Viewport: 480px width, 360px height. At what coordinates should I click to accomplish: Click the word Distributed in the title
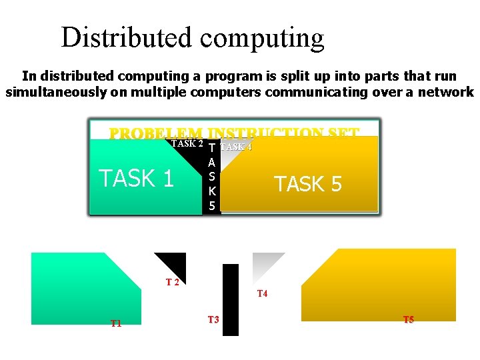125,38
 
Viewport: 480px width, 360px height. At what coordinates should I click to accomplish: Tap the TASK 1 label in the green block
136,179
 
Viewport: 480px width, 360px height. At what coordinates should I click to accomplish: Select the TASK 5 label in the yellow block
308,183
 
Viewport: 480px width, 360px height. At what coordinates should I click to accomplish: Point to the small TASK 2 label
187,143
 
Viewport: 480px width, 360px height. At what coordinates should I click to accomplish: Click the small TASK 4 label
237,147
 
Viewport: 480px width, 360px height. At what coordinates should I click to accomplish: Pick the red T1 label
116,323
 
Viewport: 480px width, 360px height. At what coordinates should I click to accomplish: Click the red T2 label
172,282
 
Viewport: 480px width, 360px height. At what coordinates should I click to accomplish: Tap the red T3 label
213,320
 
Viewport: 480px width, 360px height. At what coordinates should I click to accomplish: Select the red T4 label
262,293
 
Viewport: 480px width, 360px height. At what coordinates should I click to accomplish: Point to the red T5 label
409,320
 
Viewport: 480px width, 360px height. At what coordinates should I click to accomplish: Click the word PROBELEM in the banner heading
155,133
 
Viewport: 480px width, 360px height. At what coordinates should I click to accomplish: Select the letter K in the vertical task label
211,191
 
